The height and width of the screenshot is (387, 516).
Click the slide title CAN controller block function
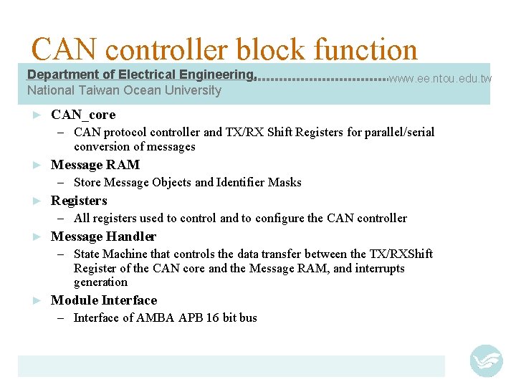click(224, 50)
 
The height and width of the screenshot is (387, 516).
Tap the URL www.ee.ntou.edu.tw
click(440, 77)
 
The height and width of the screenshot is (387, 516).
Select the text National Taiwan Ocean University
click(124, 90)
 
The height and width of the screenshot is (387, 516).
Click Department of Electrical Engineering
click(141, 75)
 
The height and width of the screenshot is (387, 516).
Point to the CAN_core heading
click(83, 115)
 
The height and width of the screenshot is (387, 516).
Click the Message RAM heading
click(95, 165)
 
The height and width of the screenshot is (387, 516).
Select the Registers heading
click(79, 201)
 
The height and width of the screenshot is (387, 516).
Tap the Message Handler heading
click(103, 236)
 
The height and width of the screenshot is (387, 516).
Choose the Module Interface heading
click(104, 300)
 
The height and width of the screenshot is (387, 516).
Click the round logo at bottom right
click(486, 360)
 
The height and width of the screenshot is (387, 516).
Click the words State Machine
click(107, 254)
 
